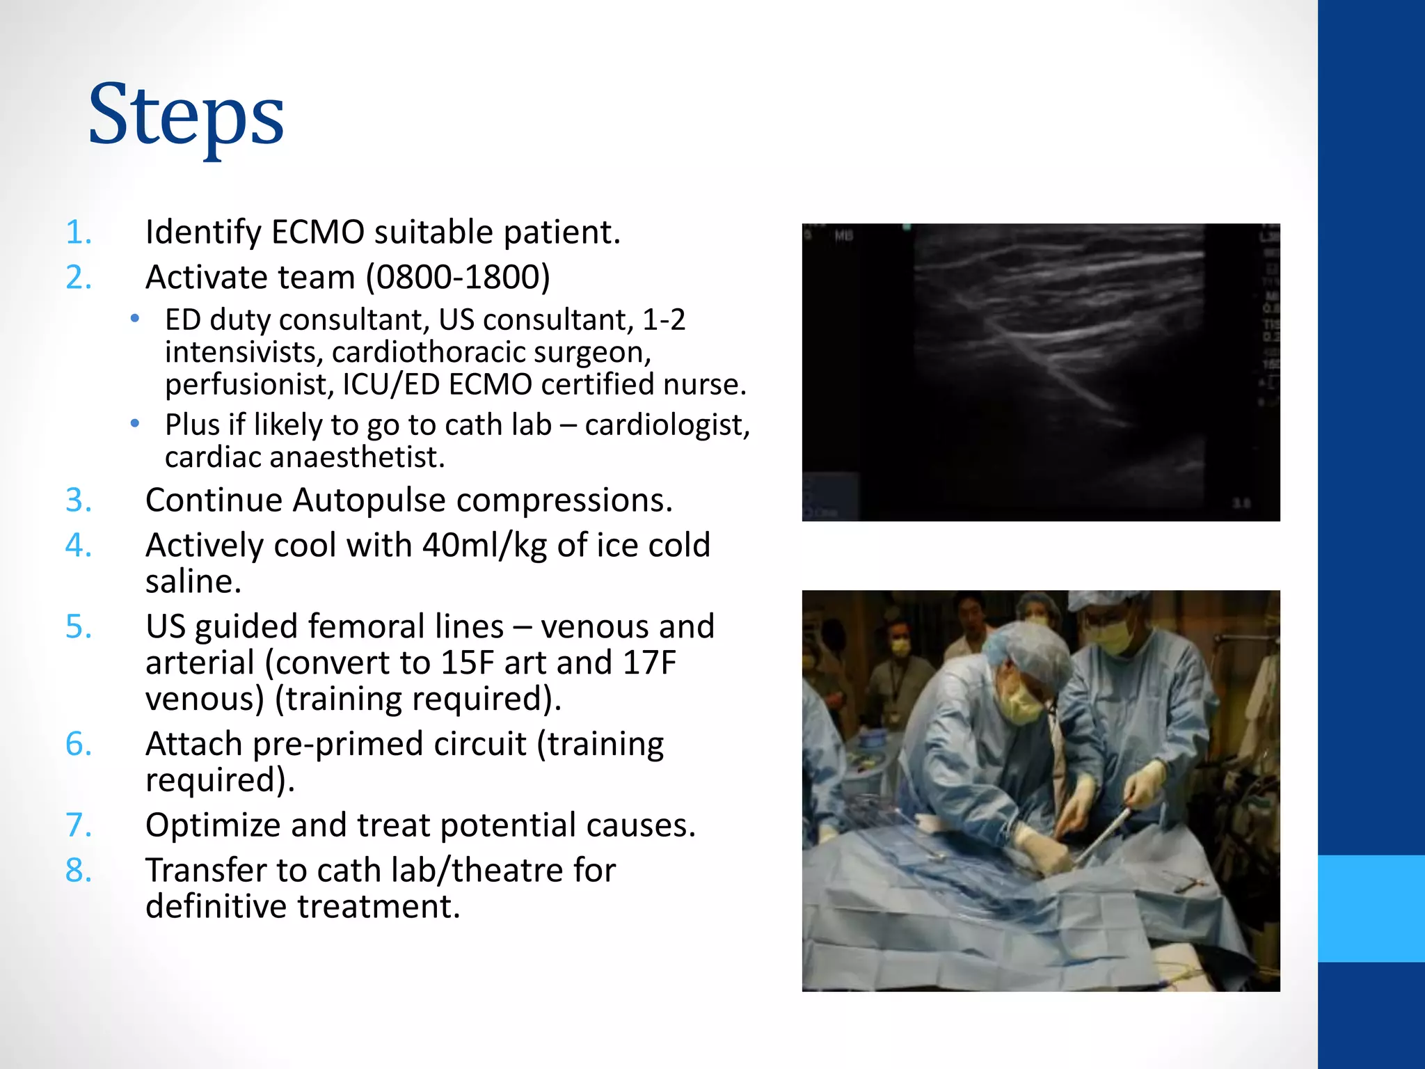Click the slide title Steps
[186, 116]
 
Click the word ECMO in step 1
[317, 232]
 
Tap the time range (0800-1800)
[458, 278]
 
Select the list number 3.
[78, 500]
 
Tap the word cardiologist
[667, 425]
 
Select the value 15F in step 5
[468, 663]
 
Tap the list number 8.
[78, 871]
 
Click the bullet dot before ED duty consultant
[135, 320]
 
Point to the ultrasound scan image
[1040, 372]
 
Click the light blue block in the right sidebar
[1371, 908]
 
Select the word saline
[193, 582]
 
